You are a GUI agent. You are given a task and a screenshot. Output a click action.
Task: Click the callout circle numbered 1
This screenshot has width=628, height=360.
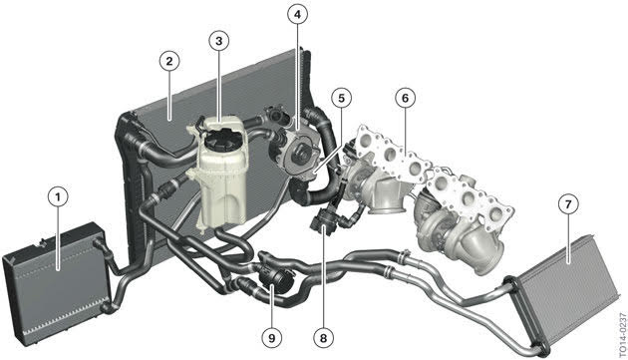58,197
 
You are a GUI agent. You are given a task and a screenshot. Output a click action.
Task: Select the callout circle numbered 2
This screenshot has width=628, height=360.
169,62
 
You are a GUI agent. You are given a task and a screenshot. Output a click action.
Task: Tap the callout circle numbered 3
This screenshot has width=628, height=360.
218,41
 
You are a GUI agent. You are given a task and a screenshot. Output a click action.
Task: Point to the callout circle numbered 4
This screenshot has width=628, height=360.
297,15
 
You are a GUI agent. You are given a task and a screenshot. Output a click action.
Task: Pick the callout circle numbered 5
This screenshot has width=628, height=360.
341,98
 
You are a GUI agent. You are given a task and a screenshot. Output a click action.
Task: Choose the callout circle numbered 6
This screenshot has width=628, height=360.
405,98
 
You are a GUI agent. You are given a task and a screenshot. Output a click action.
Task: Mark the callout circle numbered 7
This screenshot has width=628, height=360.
568,204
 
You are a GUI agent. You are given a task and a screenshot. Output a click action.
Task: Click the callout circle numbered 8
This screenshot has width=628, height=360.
323,338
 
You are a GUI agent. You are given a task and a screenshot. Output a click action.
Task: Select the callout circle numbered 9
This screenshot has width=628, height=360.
272,338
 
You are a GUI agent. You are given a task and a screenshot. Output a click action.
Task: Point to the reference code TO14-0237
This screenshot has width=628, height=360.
622,335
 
